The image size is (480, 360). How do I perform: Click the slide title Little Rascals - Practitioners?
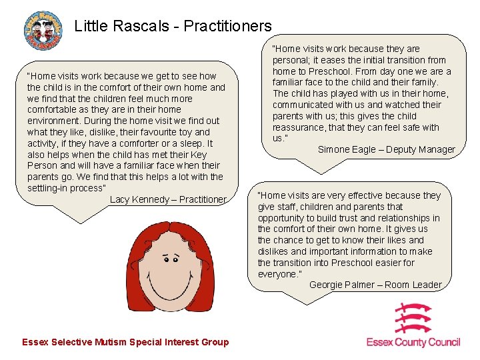[173, 26]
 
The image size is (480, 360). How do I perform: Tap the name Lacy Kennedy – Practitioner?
[168, 199]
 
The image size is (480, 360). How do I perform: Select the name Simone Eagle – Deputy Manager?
[386, 149]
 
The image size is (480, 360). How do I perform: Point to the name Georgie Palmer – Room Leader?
[375, 285]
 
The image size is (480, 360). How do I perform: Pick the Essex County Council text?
[413, 342]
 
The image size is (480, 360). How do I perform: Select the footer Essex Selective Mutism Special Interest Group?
[125, 342]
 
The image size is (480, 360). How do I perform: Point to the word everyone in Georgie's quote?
[277, 274]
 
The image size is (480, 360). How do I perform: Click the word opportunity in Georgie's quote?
[281, 218]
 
